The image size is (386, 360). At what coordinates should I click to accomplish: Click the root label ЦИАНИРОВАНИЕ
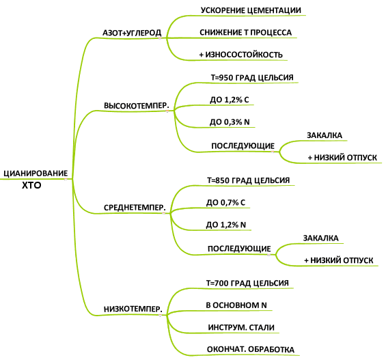[x=36, y=174]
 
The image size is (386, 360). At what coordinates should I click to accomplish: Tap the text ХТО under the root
[x=31, y=185]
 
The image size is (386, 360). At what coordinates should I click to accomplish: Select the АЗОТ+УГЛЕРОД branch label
[x=132, y=33]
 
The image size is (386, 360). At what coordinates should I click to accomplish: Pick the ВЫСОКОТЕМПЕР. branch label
[x=137, y=106]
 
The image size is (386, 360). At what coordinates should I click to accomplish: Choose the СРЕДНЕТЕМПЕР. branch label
[x=135, y=208]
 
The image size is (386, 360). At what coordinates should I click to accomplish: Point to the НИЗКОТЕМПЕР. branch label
[x=133, y=309]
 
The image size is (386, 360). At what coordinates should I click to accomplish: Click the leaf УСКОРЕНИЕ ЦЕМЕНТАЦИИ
[x=251, y=10]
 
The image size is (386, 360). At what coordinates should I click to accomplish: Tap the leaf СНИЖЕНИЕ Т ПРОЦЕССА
[x=246, y=33]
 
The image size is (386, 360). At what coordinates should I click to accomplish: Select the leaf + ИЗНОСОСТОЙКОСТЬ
[x=240, y=55]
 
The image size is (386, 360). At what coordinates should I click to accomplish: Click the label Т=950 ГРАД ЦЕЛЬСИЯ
[x=252, y=77]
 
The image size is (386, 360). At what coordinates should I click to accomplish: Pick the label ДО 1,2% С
[x=230, y=100]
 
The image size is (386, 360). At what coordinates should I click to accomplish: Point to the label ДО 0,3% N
[x=230, y=122]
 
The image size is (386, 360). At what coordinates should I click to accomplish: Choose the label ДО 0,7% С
[x=225, y=202]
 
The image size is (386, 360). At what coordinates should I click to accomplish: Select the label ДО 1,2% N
[x=226, y=225]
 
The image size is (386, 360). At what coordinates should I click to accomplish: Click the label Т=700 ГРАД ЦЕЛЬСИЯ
[x=247, y=283]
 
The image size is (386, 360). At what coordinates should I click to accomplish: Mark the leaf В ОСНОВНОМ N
[x=236, y=305]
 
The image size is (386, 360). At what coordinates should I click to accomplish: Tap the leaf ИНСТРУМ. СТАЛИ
[x=241, y=327]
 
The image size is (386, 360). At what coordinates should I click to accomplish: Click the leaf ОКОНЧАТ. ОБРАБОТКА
[x=251, y=350]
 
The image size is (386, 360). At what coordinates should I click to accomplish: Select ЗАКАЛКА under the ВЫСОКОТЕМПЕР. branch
[x=325, y=135]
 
